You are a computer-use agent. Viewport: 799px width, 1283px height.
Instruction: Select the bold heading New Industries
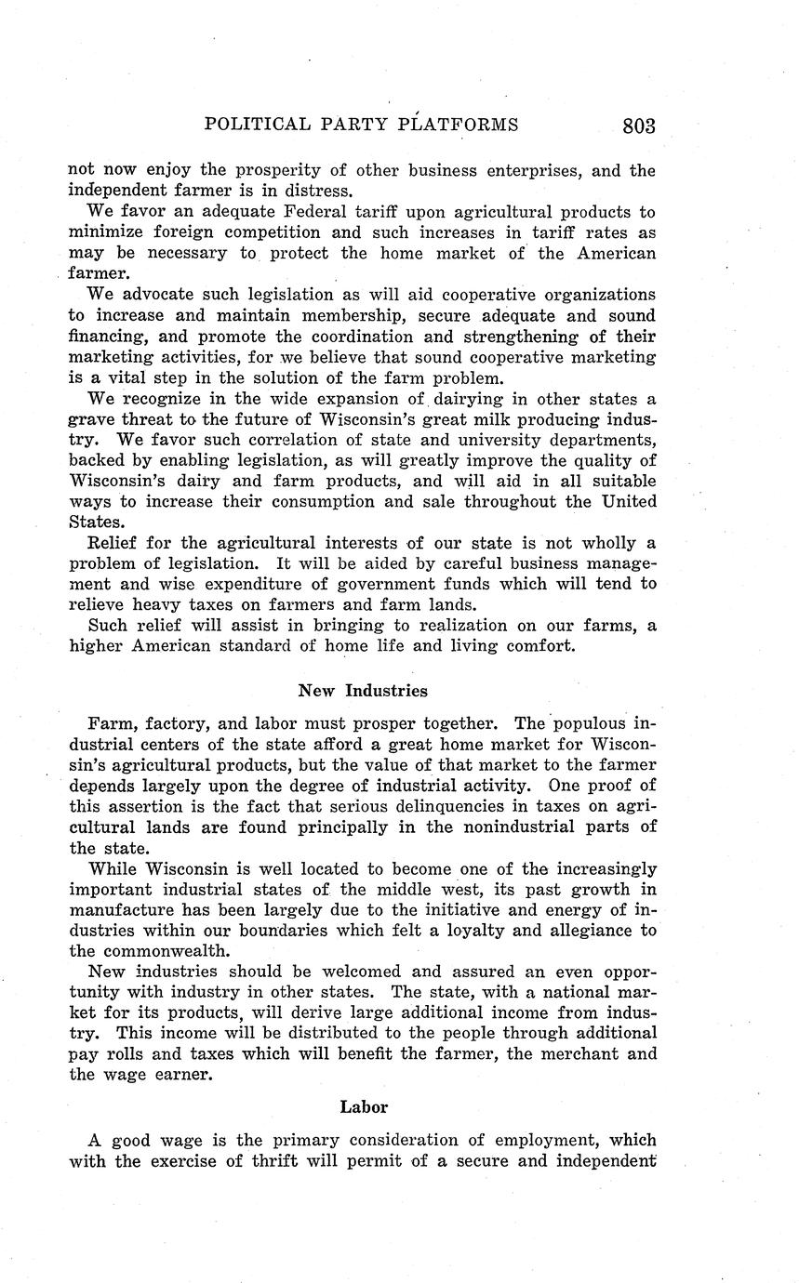[363, 691]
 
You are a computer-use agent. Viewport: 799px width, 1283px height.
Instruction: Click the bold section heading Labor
[363, 1106]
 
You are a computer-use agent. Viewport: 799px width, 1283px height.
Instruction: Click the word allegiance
[580, 930]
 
